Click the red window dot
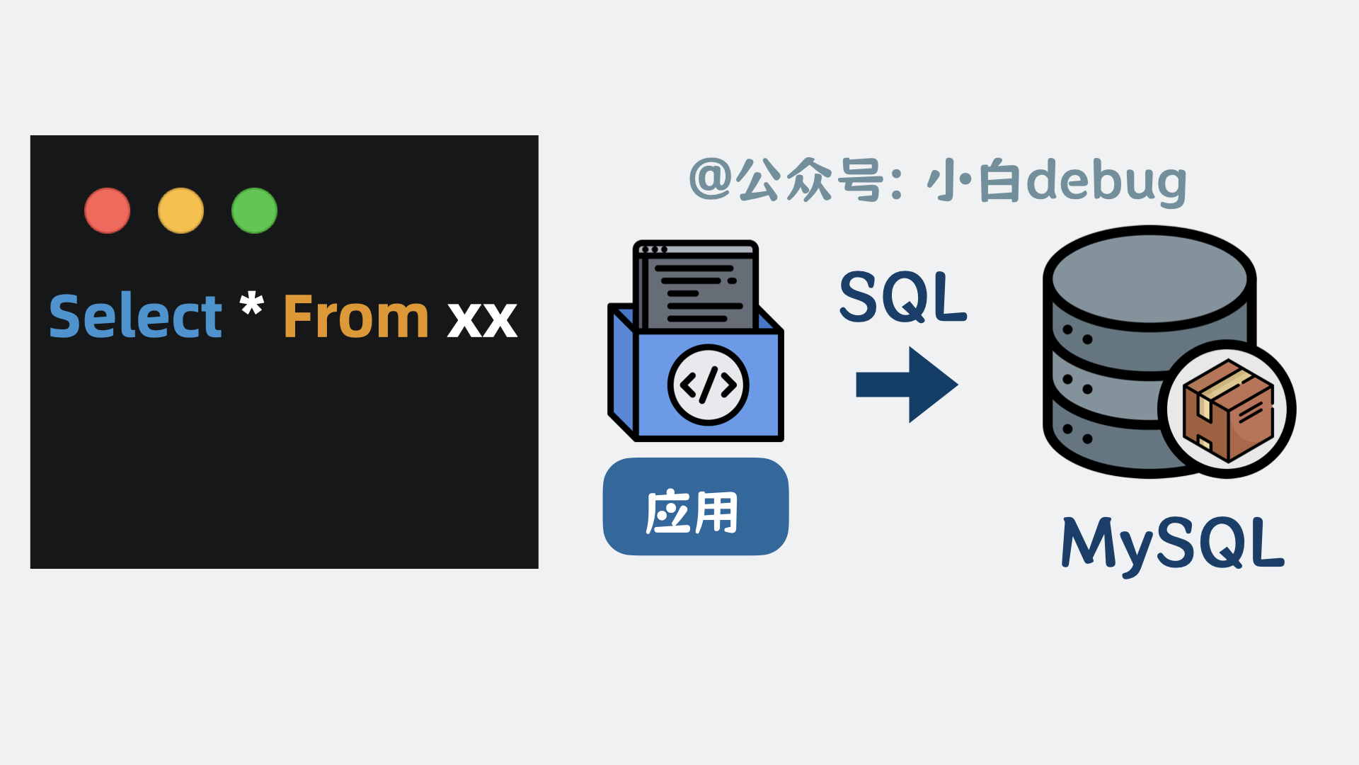point(107,210)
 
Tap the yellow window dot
point(180,210)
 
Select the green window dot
point(254,210)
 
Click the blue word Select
point(135,316)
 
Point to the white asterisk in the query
point(251,305)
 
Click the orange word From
point(356,316)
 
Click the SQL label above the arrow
point(902,297)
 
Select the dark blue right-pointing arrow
point(907,385)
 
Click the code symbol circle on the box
point(708,385)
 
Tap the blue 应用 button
point(695,507)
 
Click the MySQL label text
point(1172,544)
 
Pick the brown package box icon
point(1228,409)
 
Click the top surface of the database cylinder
point(1149,278)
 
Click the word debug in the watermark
point(1106,183)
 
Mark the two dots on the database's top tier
point(1077,334)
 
